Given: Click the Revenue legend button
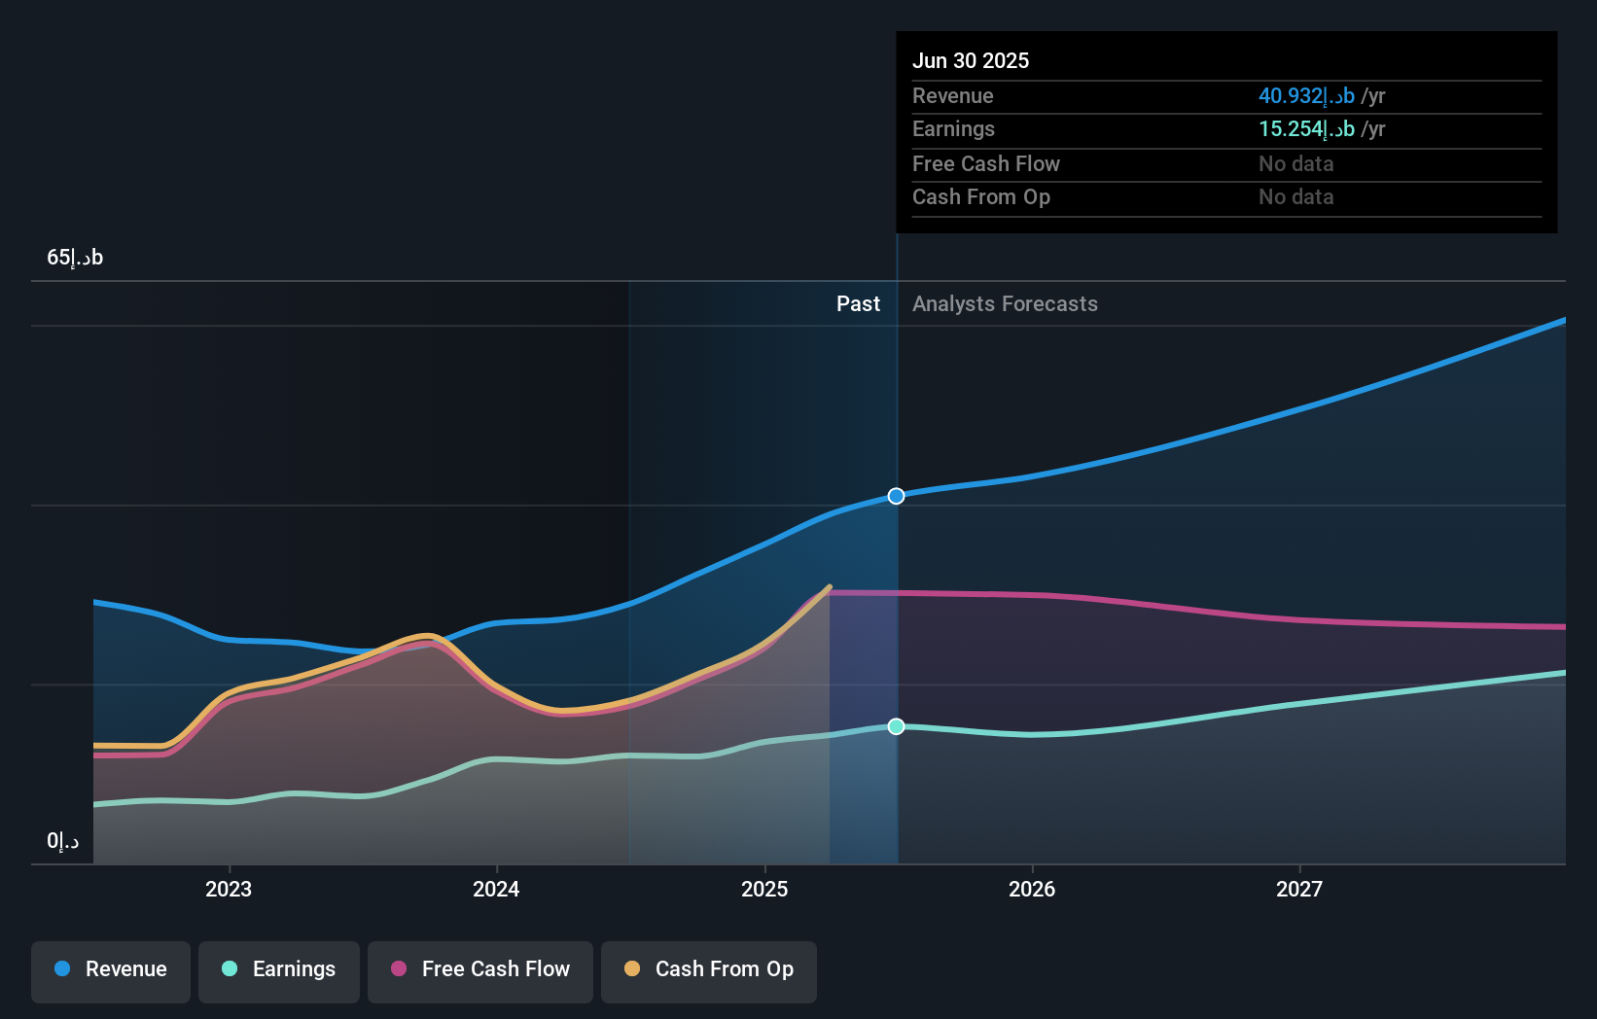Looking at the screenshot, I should pos(111,969).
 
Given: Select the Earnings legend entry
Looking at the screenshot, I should pos(279,969).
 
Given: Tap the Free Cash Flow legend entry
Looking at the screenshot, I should pos(480,969).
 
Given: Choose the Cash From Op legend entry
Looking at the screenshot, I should pos(709,969).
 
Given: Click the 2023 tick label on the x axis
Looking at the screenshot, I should pos(229,889).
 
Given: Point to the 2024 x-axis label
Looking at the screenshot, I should pos(496,889).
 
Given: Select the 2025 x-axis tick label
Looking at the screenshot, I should pos(764,889).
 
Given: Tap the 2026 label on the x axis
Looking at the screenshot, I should pos(1032,889).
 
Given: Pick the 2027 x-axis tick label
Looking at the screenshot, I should pos(1299,889).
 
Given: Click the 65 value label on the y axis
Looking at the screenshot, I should pos(75,258).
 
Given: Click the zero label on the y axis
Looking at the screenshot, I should pos(62,841).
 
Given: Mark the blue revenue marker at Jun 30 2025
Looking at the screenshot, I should pos(897,496).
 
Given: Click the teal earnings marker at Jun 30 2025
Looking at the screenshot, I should pos(897,726).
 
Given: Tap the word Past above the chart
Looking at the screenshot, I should pos(858,304).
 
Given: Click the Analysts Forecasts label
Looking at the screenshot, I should pos(1005,304).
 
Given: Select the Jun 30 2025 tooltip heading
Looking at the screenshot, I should pos(971,60).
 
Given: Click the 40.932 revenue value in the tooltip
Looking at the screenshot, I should pos(1306,96).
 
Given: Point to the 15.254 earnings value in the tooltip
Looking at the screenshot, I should pos(1306,129).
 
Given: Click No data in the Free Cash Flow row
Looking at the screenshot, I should pos(1295,164).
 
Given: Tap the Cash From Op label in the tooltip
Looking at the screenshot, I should pos(980,197).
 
